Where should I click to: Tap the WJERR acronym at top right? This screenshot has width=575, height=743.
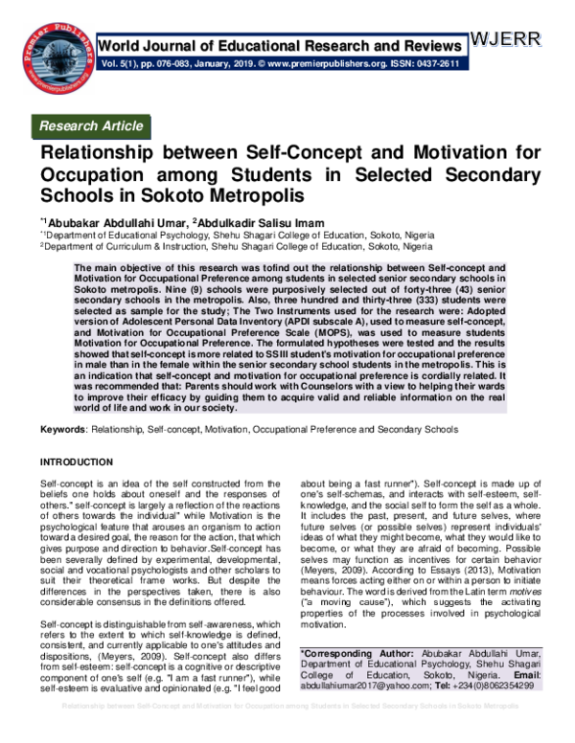[506, 39]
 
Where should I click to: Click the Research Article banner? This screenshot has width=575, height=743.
[90, 125]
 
